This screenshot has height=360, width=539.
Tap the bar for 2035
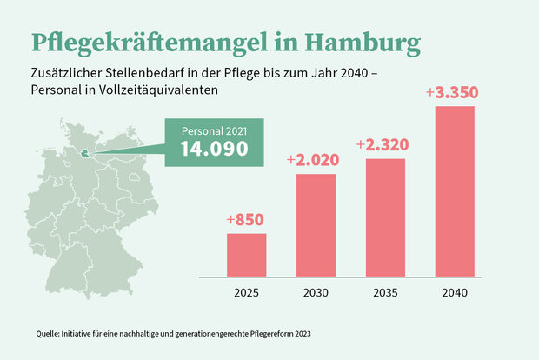(x=385, y=217)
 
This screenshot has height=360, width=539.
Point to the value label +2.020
(x=316, y=161)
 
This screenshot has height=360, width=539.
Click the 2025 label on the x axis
(x=246, y=293)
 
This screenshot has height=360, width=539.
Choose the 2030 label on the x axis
(x=316, y=293)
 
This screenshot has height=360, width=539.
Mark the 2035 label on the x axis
(x=385, y=293)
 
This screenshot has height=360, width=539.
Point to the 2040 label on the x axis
(x=455, y=293)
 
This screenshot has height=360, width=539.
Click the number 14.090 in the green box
(x=214, y=148)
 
